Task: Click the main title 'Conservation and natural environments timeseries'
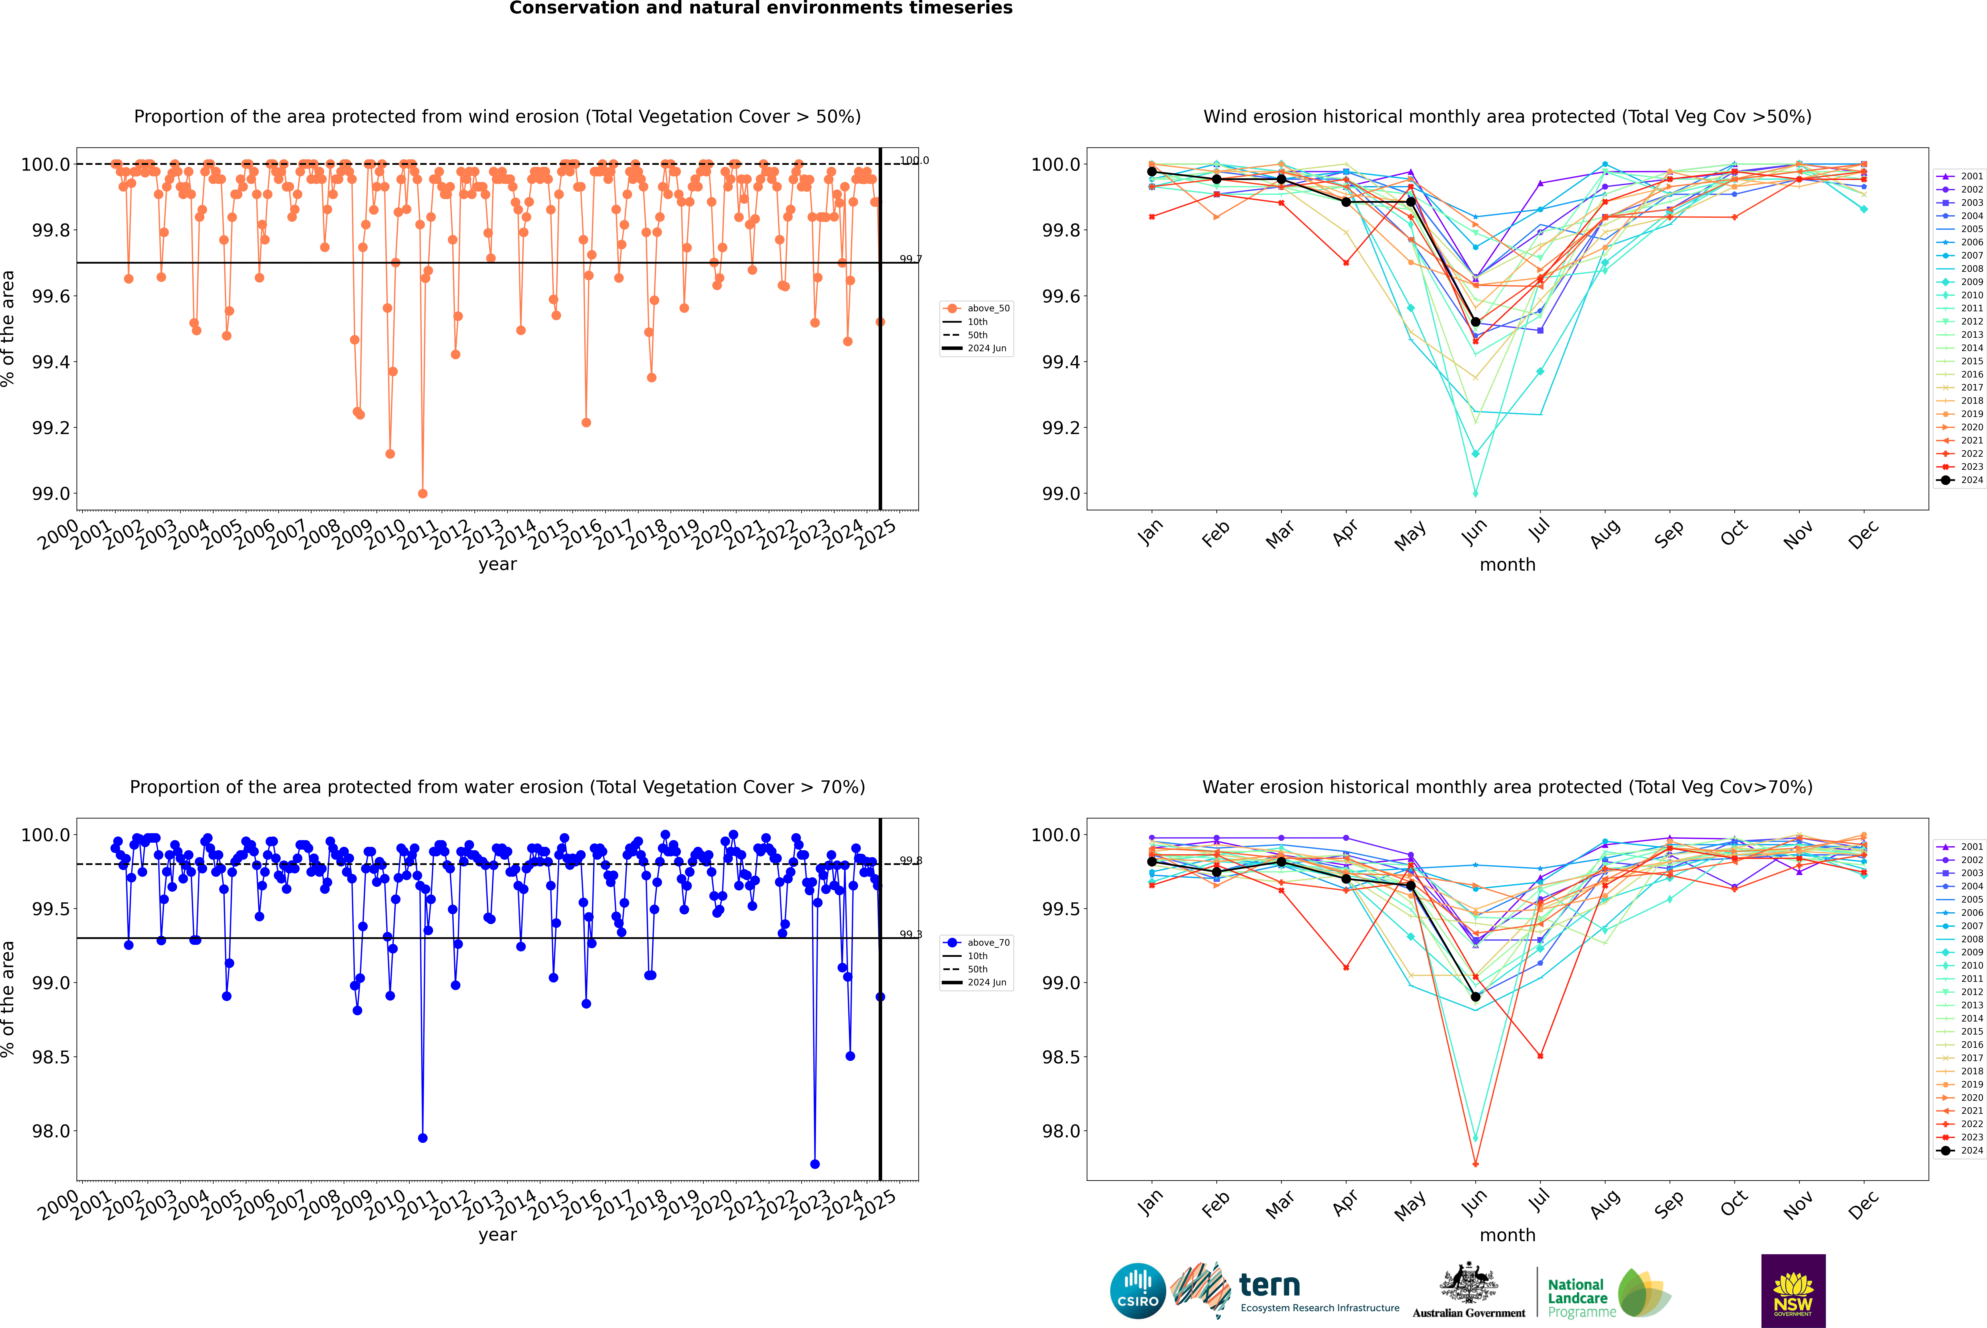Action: click(760, 8)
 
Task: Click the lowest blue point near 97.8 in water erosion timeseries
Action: click(815, 1164)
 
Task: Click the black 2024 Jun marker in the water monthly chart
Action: click(1475, 997)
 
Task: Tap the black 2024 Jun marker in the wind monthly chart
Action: click(1475, 322)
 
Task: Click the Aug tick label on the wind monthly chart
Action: click(1604, 533)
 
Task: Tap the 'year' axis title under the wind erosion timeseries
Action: click(497, 564)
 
